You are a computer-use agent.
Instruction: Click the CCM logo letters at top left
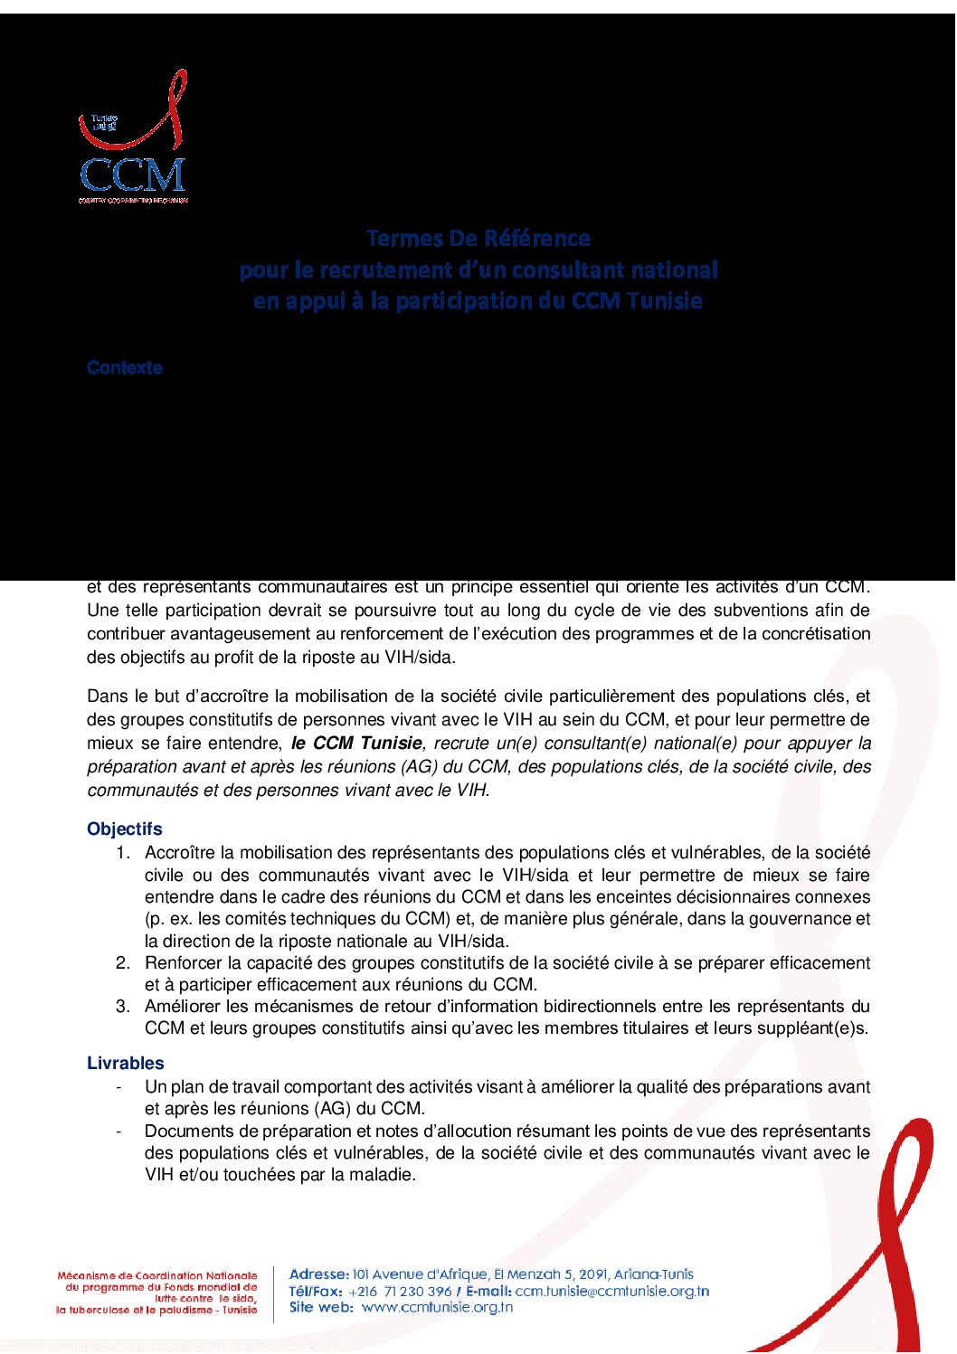click(x=132, y=175)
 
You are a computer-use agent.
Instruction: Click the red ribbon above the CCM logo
click(x=136, y=113)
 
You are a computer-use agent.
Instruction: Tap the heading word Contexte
click(x=125, y=368)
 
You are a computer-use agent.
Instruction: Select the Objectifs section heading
click(x=125, y=828)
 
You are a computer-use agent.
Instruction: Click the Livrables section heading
click(x=126, y=1063)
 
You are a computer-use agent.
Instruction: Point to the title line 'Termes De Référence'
click(x=478, y=239)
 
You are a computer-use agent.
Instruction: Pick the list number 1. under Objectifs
click(x=123, y=852)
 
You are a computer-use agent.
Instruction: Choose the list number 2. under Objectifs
click(x=123, y=962)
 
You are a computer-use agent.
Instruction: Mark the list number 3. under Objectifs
click(x=123, y=1006)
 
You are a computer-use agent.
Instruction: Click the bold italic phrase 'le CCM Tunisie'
click(x=356, y=743)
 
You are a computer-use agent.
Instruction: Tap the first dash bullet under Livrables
click(x=118, y=1086)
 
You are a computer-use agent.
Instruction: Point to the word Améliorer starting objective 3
click(x=184, y=1006)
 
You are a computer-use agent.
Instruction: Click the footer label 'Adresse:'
click(x=318, y=1274)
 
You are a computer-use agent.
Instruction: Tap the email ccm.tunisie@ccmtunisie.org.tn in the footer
click(x=611, y=1291)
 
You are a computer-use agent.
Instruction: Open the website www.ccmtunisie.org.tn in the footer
click(x=437, y=1307)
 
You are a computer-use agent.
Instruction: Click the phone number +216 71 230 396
click(x=400, y=1291)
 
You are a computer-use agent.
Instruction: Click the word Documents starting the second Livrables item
click(x=188, y=1131)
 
